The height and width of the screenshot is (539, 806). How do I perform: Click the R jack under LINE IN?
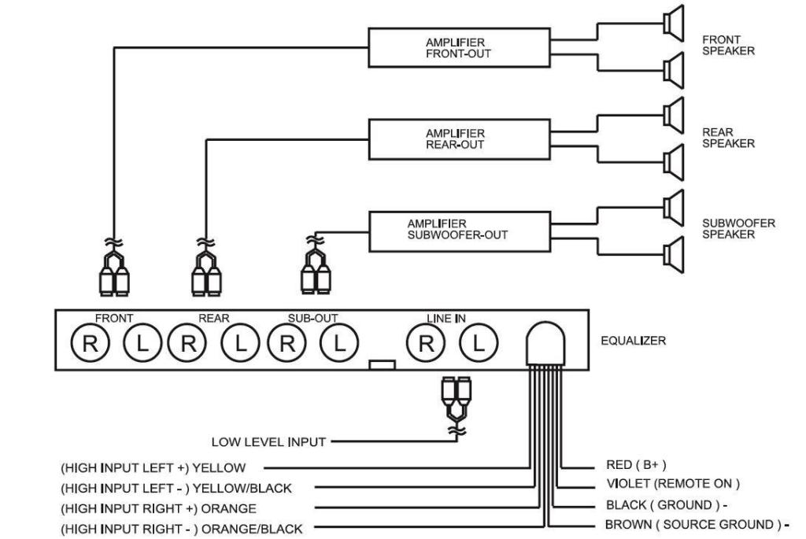tap(425, 342)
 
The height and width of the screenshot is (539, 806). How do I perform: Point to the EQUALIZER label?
tap(633, 341)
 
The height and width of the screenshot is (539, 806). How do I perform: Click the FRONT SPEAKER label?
tap(728, 45)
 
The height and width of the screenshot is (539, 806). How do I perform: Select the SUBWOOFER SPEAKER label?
tap(738, 229)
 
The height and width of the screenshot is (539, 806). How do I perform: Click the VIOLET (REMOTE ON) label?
tap(672, 483)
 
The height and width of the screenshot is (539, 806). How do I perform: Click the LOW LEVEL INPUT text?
tap(268, 442)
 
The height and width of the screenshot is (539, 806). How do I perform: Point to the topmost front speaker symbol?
tap(674, 24)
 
